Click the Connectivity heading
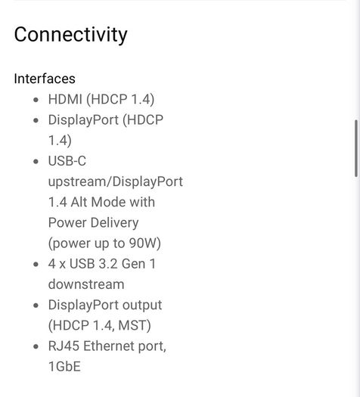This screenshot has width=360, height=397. click(70, 35)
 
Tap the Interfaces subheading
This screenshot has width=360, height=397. click(45, 79)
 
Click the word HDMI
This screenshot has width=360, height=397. click(65, 99)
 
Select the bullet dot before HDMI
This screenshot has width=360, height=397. click(36, 100)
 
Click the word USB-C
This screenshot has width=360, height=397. click(67, 161)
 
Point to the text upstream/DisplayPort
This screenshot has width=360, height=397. click(116, 181)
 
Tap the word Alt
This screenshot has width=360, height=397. click(79, 202)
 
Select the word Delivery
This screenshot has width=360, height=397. click(114, 223)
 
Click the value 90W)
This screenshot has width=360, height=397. click(144, 243)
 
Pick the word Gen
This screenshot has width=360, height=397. click(133, 264)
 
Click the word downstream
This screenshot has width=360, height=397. click(86, 284)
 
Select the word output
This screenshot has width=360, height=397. click(142, 306)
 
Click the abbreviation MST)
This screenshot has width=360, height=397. click(135, 326)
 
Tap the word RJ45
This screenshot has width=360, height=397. click(64, 346)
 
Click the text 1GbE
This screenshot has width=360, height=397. click(64, 367)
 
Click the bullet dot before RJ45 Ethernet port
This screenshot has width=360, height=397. click(36, 346)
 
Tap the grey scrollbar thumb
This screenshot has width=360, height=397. click(356, 148)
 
